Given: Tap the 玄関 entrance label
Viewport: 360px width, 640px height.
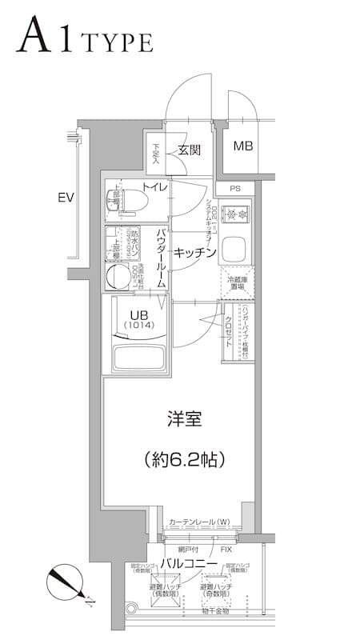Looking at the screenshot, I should point(190,150).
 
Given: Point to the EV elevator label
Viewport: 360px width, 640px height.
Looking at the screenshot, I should point(66,197).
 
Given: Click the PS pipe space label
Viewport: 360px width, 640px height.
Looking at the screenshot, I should point(234,189).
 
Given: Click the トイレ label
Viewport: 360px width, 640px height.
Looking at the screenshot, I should point(154,187).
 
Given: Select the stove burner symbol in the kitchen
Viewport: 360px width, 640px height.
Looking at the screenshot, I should point(236,214).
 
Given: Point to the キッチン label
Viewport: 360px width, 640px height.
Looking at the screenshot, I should point(195,253).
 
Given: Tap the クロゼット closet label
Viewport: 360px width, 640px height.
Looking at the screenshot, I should point(230,327).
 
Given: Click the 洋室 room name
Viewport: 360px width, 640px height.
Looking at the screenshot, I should point(184,418).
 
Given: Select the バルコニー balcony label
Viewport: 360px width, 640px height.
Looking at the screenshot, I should point(189,565).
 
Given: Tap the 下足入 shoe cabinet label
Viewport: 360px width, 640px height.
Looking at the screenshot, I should point(156,153).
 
